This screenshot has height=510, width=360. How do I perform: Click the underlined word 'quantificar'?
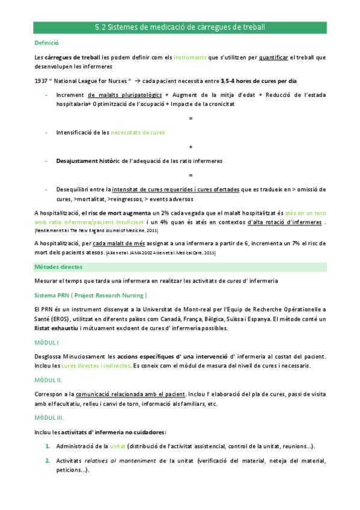coord(273,58)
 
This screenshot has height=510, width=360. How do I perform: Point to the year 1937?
coord(41,81)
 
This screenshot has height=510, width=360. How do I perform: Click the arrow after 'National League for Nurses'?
coord(120,81)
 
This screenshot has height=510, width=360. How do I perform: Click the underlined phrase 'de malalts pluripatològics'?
coord(124,95)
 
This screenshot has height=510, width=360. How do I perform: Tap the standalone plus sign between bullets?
coord(191,146)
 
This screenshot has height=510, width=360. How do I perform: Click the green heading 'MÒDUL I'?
coord(47,342)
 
